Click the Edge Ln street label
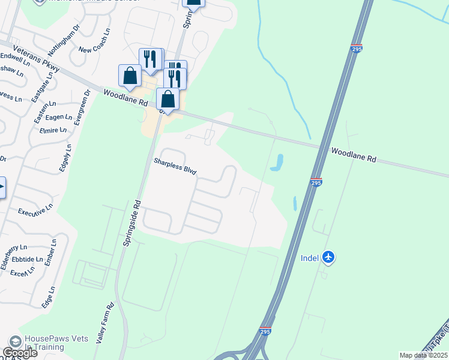[x=48, y=296]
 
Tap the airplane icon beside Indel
[x=328, y=257]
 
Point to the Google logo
[x=20, y=353]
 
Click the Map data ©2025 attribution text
[x=423, y=355]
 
